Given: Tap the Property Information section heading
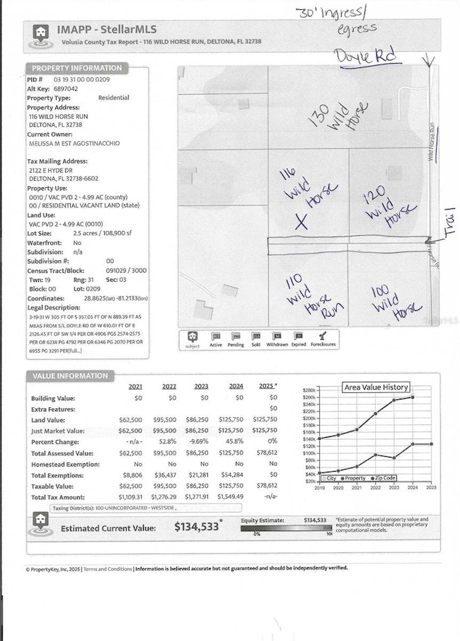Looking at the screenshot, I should [77, 68].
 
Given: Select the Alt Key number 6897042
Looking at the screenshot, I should [63, 90].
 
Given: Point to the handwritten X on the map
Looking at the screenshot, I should [301, 222].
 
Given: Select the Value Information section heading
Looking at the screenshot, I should [69, 375].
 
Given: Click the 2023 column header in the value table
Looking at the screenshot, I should [201, 386].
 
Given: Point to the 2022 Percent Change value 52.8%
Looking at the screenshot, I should [168, 441].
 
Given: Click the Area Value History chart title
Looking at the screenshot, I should [376, 387].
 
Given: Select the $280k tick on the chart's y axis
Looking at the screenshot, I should [309, 391].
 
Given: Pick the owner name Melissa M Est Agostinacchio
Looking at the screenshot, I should [73, 143].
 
